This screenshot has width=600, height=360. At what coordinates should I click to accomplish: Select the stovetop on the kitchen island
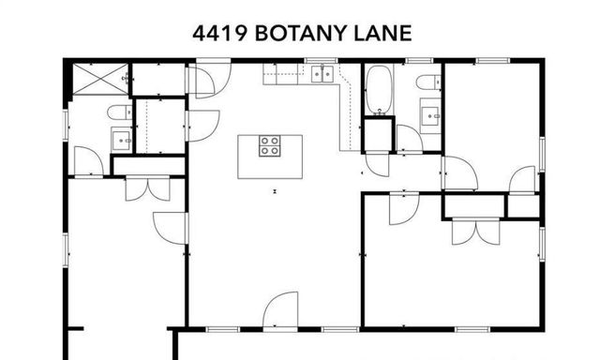(x=270, y=145)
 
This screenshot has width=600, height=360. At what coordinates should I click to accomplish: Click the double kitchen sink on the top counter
(x=322, y=75)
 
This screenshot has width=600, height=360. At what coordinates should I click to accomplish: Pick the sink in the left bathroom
(x=122, y=141)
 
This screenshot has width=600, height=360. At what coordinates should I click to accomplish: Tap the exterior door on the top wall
(x=210, y=77)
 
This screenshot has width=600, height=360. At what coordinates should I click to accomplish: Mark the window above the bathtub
(x=379, y=61)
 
